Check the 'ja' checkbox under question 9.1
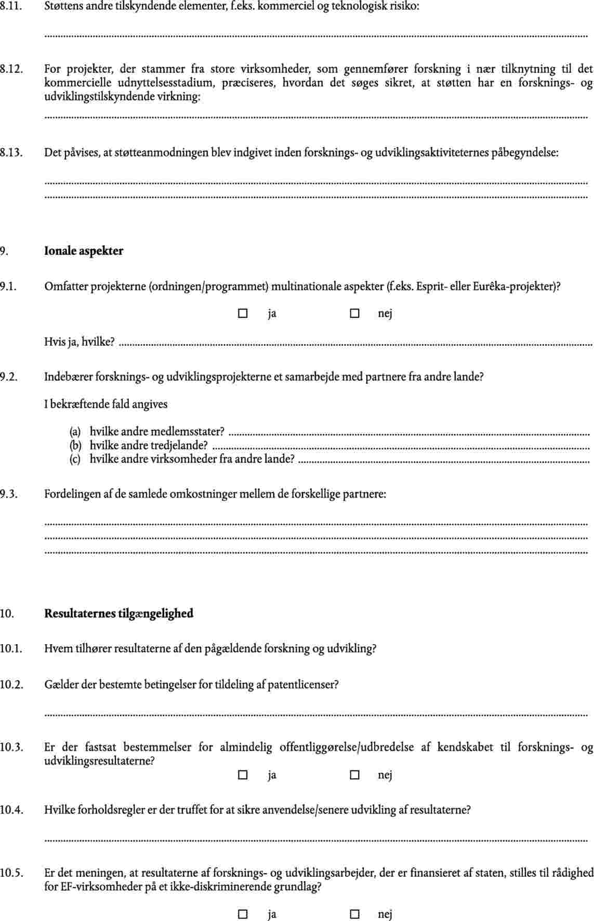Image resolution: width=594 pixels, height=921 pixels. click(242, 314)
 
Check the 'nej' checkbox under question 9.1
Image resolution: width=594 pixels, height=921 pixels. click(354, 314)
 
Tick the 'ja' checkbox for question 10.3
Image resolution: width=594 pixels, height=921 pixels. click(242, 775)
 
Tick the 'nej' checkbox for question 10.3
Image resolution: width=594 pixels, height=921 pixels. click(354, 775)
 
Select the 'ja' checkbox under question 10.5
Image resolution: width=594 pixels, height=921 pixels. click(242, 914)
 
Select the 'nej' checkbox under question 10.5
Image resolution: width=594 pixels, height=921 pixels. click(354, 914)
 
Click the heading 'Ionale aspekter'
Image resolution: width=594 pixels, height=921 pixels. click(84, 251)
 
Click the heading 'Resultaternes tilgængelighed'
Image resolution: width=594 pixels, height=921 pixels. click(118, 613)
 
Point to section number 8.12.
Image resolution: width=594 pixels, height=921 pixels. click(11, 69)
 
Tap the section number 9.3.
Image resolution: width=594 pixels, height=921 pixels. click(9, 494)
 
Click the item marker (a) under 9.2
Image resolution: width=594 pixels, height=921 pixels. click(75, 432)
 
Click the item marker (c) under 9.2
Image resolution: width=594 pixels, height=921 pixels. click(75, 459)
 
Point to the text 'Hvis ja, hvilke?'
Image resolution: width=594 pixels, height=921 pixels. click(80, 342)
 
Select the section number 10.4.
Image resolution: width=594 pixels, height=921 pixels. click(11, 810)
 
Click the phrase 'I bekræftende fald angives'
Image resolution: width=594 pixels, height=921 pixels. click(105, 404)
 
